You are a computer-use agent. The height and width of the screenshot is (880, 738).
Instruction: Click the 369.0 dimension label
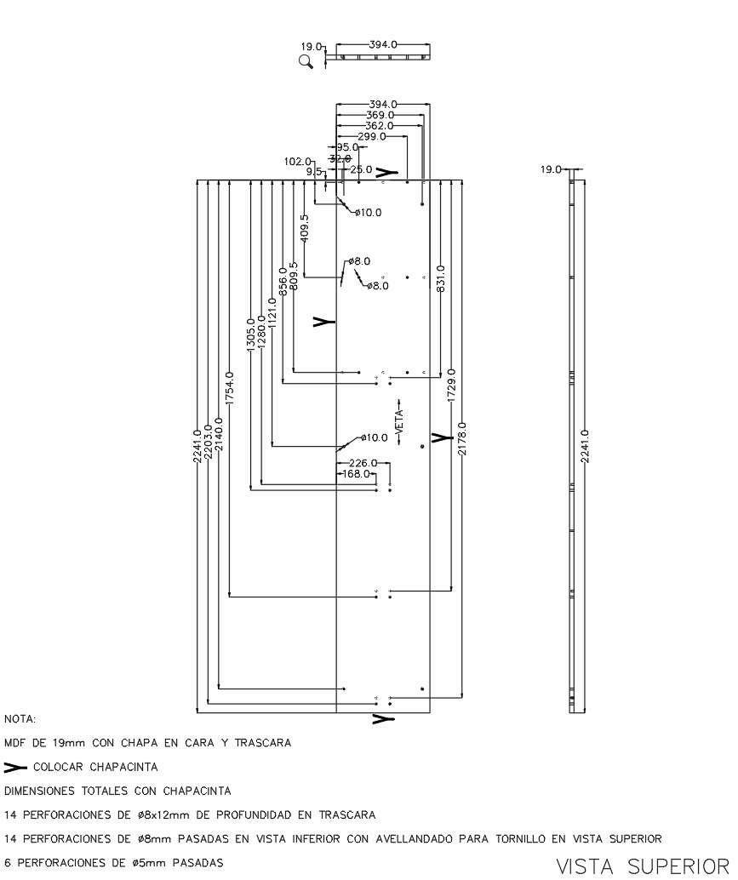click(380, 115)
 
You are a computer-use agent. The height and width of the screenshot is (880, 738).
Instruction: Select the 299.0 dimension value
click(372, 136)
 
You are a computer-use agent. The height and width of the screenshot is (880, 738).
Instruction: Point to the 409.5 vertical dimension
click(305, 229)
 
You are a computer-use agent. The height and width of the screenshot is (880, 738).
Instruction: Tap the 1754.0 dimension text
click(230, 387)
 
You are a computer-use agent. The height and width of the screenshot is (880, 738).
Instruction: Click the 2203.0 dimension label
click(209, 443)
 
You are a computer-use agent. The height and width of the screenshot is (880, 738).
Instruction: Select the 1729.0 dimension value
click(451, 386)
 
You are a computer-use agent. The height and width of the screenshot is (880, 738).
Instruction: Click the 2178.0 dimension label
click(462, 438)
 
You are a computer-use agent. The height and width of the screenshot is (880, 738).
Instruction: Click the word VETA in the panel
click(398, 418)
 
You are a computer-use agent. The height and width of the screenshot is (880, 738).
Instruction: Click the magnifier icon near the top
click(306, 60)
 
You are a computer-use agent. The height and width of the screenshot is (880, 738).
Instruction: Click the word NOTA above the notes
click(19, 719)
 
